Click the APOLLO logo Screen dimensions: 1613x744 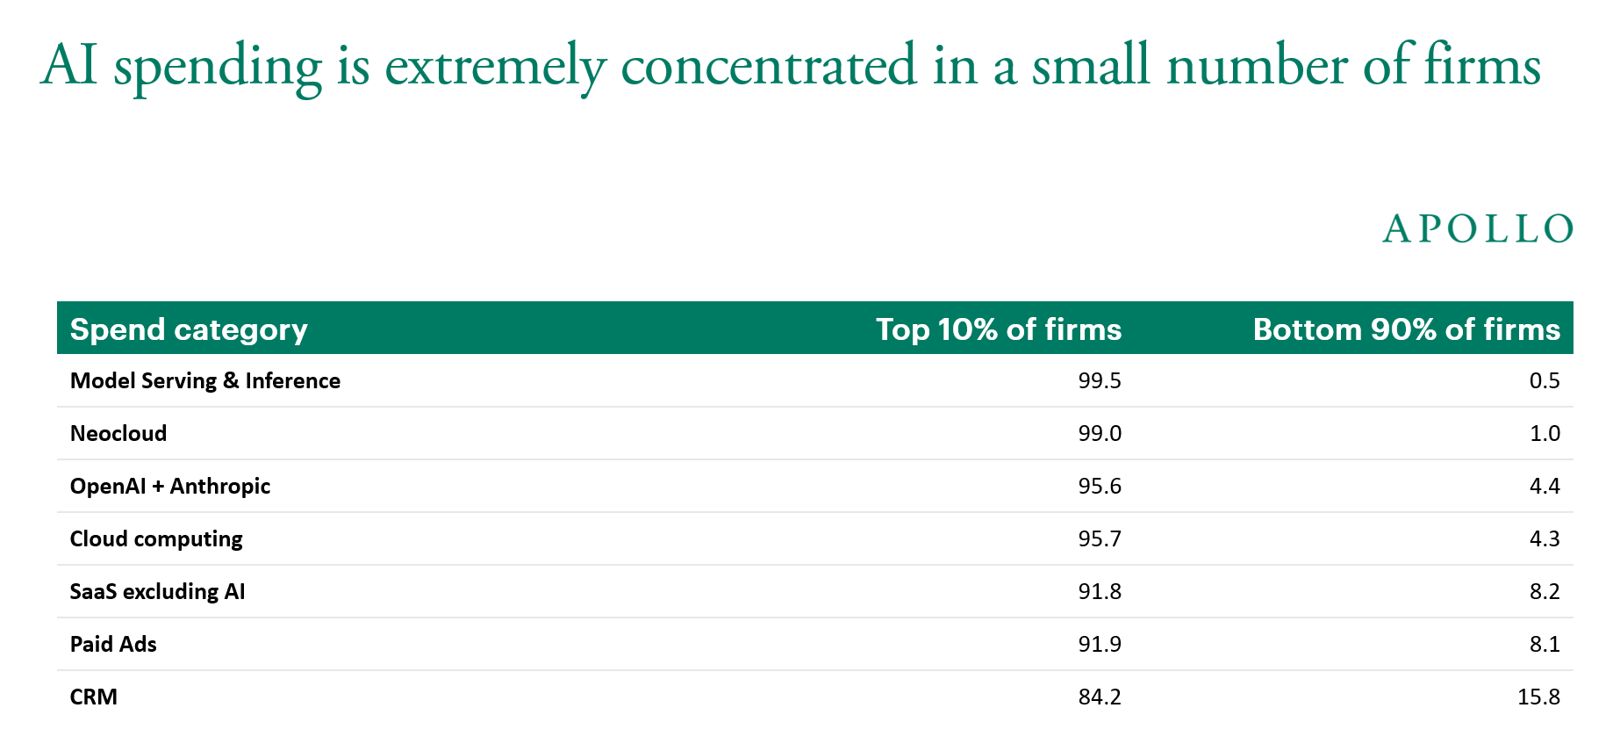(x=1478, y=229)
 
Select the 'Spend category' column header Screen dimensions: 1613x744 (x=189, y=329)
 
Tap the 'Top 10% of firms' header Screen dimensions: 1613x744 (x=999, y=329)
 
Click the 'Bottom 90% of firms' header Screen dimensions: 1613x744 (x=1407, y=329)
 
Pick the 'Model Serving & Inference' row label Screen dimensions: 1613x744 (x=205, y=381)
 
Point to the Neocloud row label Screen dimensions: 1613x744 (x=118, y=434)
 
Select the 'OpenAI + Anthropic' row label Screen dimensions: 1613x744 (x=170, y=487)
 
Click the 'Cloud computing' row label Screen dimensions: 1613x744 (x=156, y=539)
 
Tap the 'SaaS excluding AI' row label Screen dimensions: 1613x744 (x=158, y=592)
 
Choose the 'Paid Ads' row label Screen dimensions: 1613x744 (x=113, y=645)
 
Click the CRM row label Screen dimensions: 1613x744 (x=94, y=697)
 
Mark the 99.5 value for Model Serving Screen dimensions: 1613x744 (x=1100, y=381)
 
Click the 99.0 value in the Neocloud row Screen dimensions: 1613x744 (x=1100, y=434)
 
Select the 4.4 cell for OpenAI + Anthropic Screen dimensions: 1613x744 (x=1545, y=487)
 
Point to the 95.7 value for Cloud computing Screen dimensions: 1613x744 (x=1100, y=539)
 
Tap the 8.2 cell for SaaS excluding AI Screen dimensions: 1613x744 (x=1545, y=592)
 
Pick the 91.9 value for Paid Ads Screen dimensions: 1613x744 (x=1100, y=645)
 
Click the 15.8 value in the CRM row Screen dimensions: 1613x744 (x=1539, y=697)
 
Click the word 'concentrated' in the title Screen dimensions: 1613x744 (x=769, y=66)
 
